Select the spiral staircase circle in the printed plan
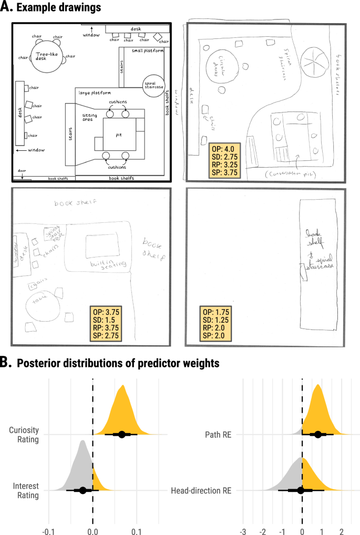pos(153,85)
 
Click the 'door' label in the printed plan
pos(22,171)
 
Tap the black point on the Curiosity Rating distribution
pos(122,434)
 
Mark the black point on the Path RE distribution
pos(318,434)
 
